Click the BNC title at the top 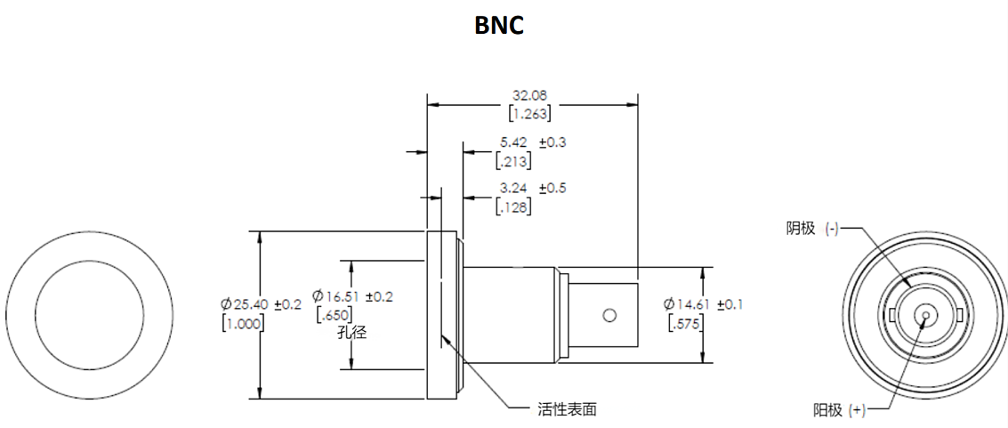pos(499,25)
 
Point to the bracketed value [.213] pos(512,161)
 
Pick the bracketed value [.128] pos(512,207)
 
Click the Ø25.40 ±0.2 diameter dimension pos(262,304)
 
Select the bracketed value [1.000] pos(241,323)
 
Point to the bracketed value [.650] pos(335,314)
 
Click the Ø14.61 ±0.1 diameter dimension pos(703,304)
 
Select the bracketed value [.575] pos(686,323)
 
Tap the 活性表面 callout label pos(567,409)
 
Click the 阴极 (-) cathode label pos(812,229)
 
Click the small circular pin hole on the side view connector pos(609,315)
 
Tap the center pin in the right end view pos(926,315)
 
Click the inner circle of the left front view pos(89,315)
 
